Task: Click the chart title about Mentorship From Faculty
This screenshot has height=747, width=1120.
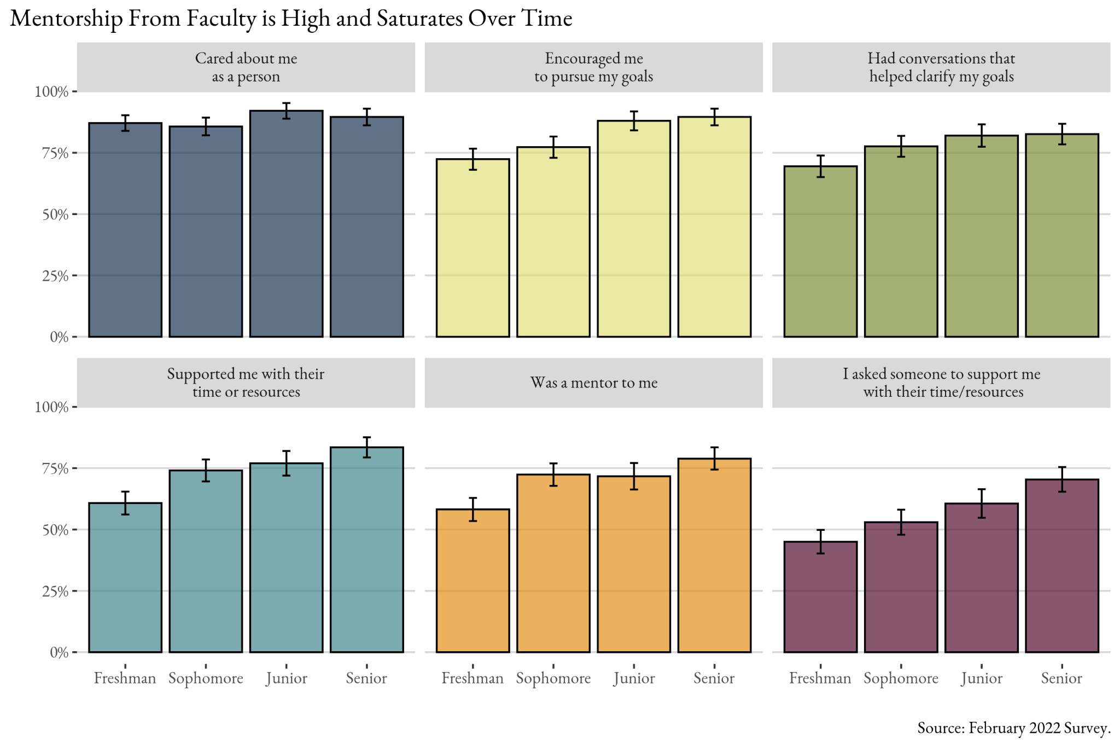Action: pos(291,19)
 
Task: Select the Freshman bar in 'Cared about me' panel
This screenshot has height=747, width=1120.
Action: pos(125,230)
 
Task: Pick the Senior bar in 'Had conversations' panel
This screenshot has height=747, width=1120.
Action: pos(1061,235)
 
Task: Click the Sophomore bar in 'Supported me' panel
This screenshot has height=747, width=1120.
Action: pos(206,561)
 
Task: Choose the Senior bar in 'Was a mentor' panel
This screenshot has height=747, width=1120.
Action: pos(714,555)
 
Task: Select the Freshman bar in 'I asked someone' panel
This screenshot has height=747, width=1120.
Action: pos(820,597)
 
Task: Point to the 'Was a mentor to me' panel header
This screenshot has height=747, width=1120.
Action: pos(593,383)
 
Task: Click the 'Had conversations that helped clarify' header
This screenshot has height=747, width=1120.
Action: pos(941,67)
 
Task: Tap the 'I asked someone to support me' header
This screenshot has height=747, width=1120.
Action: pos(941,383)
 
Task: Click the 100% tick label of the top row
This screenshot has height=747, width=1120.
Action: pos(52,92)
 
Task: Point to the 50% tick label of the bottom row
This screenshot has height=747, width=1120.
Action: pos(55,530)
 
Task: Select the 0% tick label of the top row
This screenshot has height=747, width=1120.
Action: pos(59,337)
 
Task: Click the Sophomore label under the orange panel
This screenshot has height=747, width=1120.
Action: pos(553,679)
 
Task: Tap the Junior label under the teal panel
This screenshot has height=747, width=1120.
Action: pos(287,679)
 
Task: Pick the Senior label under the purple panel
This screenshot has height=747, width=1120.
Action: pos(1061,679)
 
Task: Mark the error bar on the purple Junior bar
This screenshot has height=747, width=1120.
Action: pos(982,503)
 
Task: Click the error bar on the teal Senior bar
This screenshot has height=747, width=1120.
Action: pos(367,447)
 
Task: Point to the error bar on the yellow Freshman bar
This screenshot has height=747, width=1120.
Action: pos(473,159)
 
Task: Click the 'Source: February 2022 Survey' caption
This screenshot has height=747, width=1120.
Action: pos(1013,728)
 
